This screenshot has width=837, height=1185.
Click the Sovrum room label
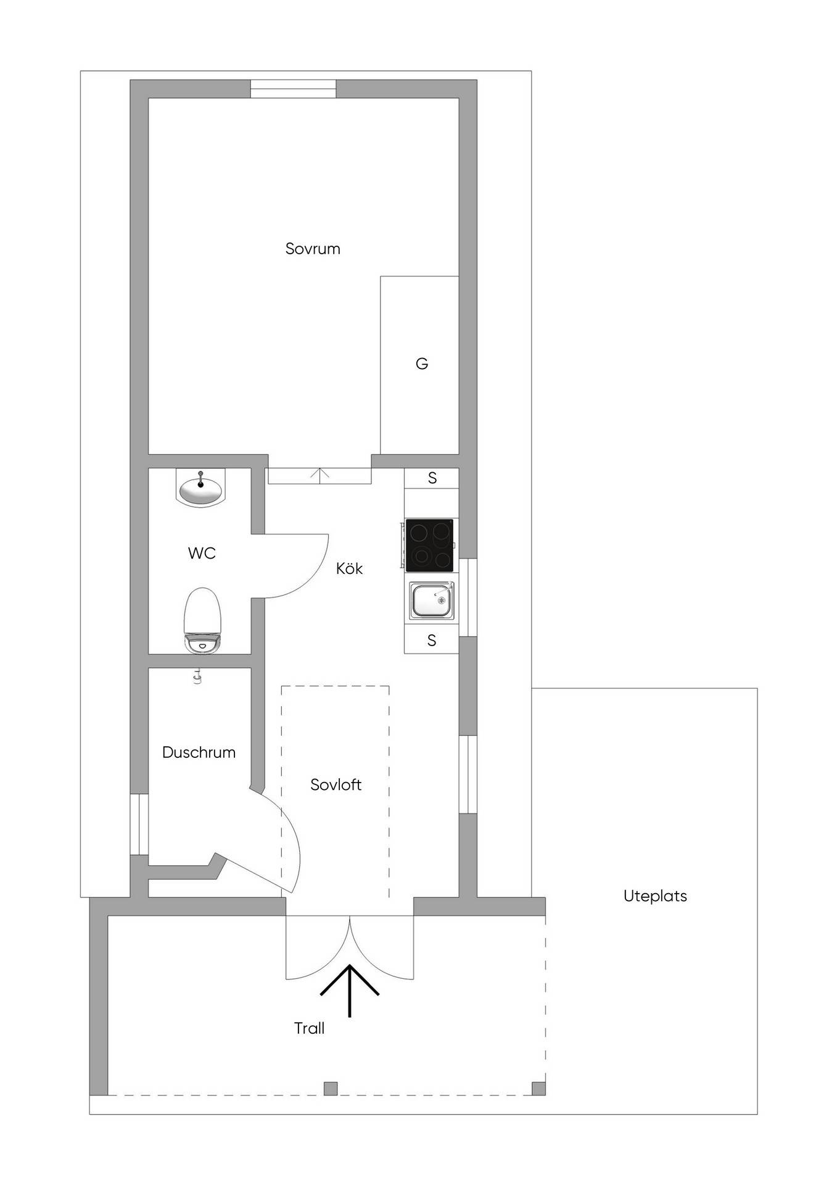coord(313,249)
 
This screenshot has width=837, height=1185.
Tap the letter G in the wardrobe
coord(422,364)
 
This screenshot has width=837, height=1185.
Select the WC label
coord(202,553)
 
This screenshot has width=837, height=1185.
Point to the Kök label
coord(349,568)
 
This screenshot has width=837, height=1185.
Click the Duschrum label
coord(199,752)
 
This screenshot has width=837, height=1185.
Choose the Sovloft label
coord(336,784)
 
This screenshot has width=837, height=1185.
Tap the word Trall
coord(309,1028)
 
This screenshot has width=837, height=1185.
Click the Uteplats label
coord(655,896)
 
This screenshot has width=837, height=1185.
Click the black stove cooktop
coord(429,546)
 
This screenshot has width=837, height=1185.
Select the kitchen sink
coord(432,601)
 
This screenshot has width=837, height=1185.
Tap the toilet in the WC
coord(202,620)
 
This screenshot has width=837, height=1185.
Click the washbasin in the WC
coord(200,488)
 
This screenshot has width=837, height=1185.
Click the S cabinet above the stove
coord(432,478)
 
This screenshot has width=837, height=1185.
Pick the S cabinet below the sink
coord(432,641)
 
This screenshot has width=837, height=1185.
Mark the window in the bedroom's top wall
coord(294,89)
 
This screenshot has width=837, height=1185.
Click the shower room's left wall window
coord(139,824)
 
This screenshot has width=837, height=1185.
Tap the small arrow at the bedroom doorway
coord(320,475)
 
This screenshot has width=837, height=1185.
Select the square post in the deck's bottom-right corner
coord(538,1088)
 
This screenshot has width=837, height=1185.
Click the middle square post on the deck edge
coord(331,1088)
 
